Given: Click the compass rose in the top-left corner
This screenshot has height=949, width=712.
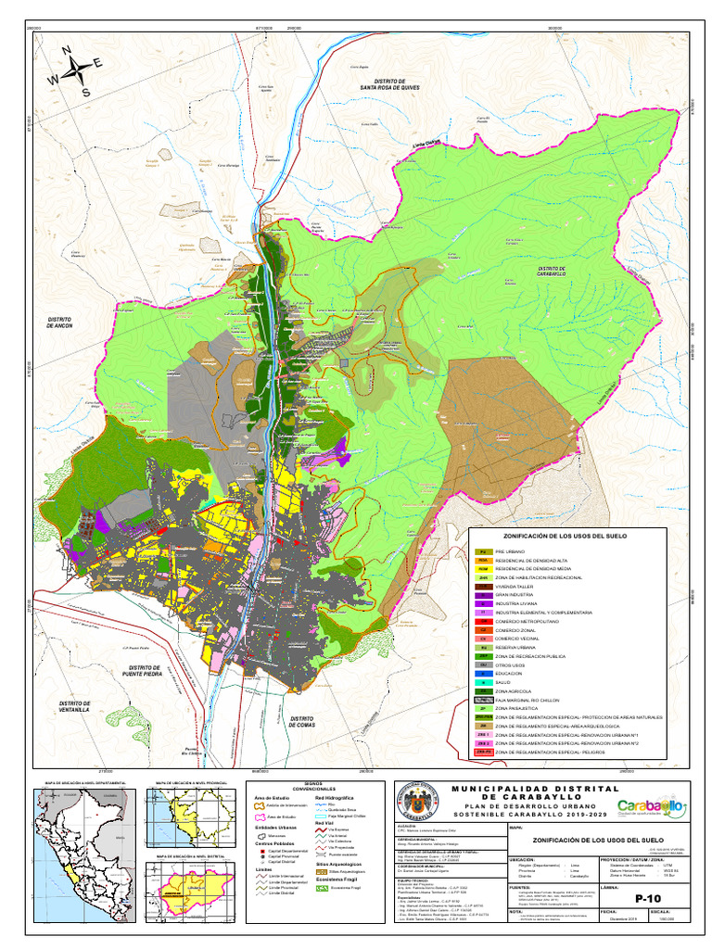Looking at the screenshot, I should point(75,71).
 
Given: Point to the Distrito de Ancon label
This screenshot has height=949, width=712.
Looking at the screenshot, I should point(65,323).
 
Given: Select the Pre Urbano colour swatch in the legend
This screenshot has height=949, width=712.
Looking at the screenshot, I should point(482,552).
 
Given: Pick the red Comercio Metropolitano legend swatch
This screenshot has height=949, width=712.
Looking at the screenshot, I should point(482,621).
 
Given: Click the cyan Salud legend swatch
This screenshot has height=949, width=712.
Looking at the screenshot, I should point(482,682).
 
